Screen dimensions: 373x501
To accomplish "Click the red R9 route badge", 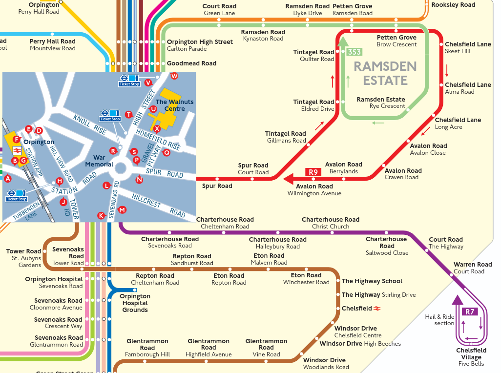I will point(313,172).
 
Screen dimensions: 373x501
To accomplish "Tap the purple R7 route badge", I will point(470,311).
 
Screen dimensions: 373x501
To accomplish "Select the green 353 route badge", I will point(354,52).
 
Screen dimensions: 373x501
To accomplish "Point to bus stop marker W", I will point(174,76).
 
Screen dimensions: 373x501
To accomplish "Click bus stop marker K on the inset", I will point(101,215).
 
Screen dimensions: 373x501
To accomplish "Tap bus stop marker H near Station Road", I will point(60,181).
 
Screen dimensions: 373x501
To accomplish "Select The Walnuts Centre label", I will point(174,105).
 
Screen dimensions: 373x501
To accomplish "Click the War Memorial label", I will point(99,161).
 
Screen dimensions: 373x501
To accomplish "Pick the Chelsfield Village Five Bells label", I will point(471,357).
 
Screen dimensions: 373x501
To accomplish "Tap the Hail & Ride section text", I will point(439,320).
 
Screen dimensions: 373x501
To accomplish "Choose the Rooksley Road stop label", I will point(453,5).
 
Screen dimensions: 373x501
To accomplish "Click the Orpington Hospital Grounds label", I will point(135,303).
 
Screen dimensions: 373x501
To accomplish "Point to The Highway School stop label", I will point(372,281).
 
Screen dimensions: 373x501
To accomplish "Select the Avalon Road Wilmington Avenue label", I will point(314,190).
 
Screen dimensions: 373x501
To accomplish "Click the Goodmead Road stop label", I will point(191,63).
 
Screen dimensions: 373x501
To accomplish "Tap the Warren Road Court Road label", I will point(472,268).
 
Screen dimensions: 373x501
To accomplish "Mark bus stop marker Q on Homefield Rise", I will point(167,152).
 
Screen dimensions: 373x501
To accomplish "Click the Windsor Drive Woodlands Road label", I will point(325,364).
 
